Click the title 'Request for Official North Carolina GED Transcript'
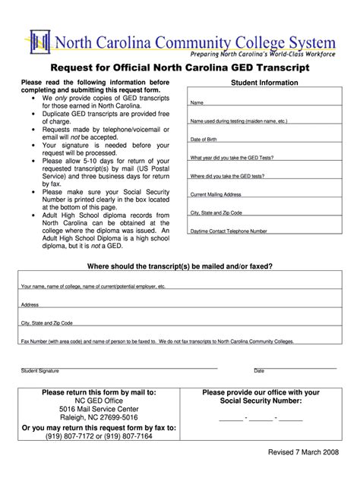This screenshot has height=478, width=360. coord(181,67)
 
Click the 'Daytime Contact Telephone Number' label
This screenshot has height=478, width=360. coord(229,230)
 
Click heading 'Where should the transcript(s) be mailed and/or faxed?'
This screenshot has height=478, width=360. coord(180,266)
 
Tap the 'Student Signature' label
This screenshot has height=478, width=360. coord(40,370)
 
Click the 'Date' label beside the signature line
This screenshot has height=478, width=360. coord(259,370)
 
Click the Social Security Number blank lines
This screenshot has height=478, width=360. coord(261,418)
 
